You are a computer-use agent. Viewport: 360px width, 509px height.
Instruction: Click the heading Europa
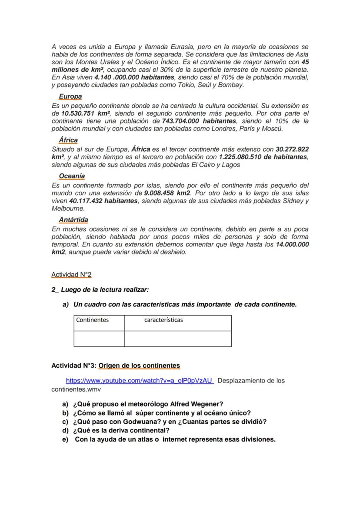(x=70, y=96)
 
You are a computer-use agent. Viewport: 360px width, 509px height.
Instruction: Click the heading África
(x=68, y=140)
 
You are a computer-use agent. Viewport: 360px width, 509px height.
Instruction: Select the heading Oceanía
(x=72, y=176)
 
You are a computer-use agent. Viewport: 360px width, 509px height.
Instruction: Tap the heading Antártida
(x=73, y=220)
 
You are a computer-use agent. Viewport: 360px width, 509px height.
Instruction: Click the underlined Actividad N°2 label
(x=71, y=275)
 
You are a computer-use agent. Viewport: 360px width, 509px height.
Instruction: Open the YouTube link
(x=139, y=381)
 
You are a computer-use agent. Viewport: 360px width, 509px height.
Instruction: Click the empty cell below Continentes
(x=99, y=339)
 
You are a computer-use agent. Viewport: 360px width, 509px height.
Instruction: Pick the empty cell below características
(x=178, y=339)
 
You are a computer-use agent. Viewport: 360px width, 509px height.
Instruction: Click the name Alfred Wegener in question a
(x=199, y=404)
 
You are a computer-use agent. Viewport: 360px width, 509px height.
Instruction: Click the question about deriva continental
(x=121, y=430)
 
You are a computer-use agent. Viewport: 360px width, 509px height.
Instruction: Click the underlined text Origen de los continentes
(x=139, y=366)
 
